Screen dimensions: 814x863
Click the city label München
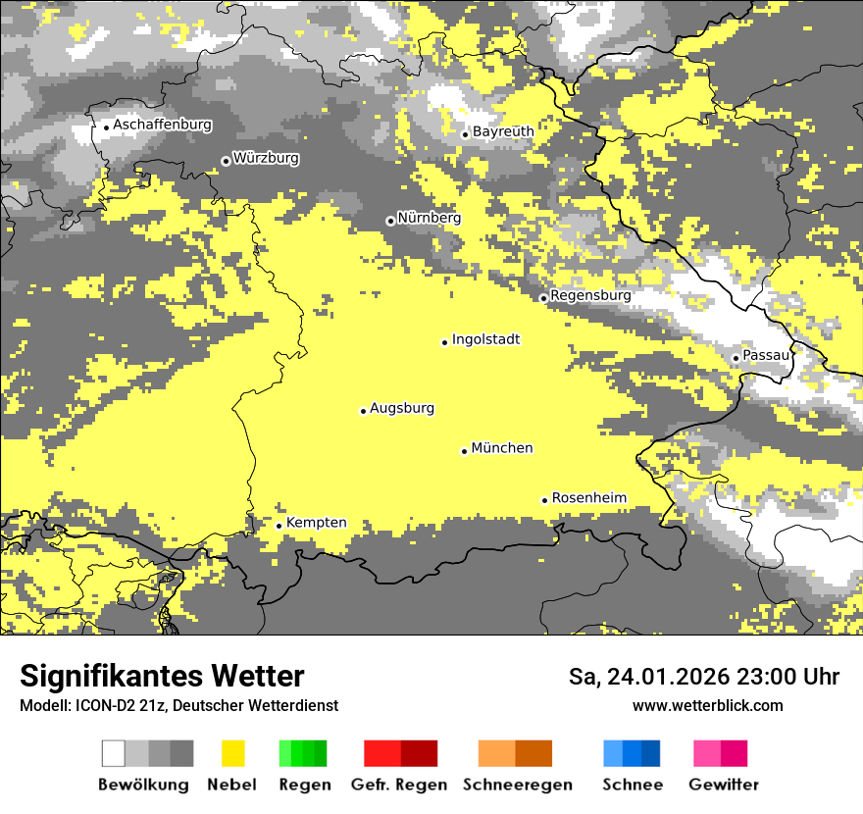[502, 448]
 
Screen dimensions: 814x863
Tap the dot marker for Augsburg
[363, 411]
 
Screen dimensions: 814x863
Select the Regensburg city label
[590, 295]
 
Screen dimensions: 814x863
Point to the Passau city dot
[736, 358]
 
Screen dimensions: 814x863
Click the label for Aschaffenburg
[162, 125]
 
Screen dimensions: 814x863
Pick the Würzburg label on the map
[266, 158]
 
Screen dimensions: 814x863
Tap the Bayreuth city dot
[465, 134]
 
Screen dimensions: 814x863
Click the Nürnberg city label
[430, 218]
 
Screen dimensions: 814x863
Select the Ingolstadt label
[485, 339]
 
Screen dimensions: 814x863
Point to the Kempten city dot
[279, 526]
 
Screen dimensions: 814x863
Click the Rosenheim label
[588, 498]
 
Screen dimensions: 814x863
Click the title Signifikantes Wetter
[162, 677]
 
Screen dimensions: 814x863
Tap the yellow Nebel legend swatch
[233, 753]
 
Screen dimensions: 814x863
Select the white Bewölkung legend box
[114, 753]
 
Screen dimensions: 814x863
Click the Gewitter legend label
[724, 785]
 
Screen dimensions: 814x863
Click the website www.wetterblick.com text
[707, 706]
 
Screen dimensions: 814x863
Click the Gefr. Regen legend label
[399, 785]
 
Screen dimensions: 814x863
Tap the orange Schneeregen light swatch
[496, 753]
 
